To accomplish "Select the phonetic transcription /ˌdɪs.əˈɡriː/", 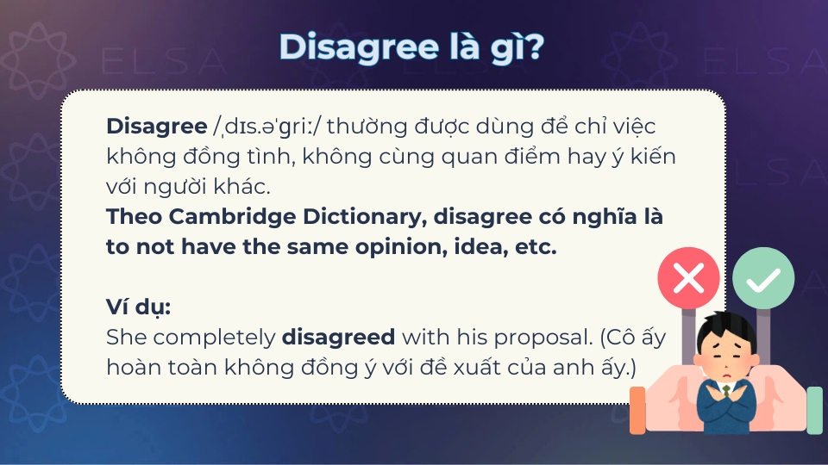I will click(267, 127).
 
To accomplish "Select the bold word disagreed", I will click(339, 336).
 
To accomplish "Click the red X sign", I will click(687, 278).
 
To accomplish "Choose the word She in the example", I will click(123, 336).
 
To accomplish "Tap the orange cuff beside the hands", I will click(637, 409).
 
